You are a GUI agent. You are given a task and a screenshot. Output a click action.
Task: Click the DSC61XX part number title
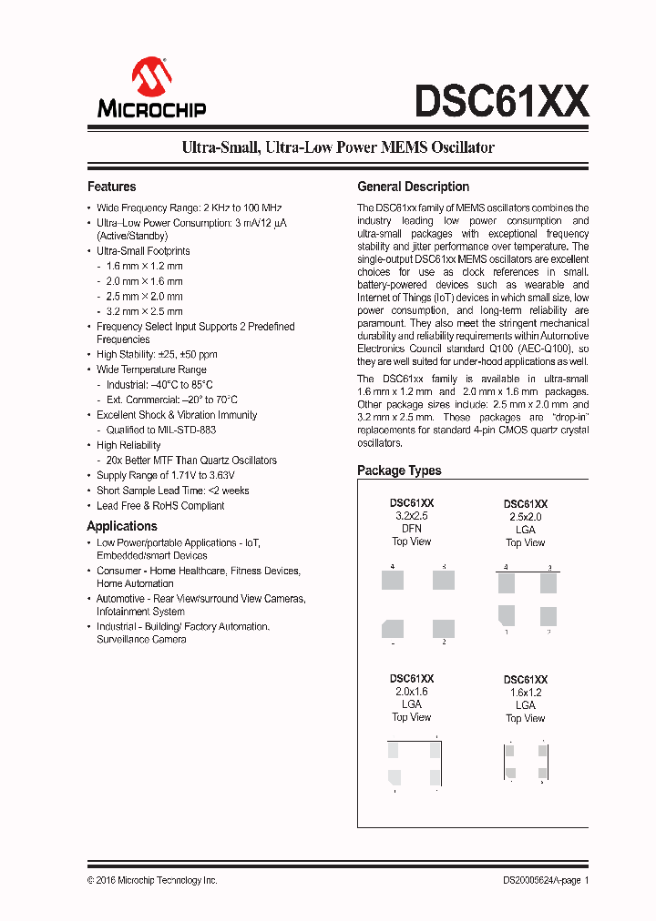pos(501,101)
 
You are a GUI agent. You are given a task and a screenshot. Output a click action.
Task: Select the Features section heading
pos(111,187)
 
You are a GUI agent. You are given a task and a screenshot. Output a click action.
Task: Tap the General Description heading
pos(413,187)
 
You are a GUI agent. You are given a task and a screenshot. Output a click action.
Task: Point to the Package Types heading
pos(399,471)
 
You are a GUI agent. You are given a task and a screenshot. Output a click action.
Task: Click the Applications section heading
pos(122,526)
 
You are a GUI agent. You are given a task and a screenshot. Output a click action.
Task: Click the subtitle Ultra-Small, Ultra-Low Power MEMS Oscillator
pos(338,147)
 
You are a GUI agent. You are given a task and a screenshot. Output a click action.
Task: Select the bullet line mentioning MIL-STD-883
pos(161,430)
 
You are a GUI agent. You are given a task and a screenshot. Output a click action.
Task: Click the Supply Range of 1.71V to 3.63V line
pos(166,475)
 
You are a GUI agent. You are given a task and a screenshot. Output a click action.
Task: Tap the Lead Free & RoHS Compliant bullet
pos(160,505)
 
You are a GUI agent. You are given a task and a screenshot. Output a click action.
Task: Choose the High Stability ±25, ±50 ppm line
pos(157,354)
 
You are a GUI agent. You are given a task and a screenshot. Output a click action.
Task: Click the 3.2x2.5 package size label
pos(412,516)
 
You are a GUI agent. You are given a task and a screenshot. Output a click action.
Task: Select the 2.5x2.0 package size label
pos(526,517)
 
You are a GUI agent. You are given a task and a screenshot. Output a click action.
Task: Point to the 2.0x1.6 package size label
pos(412,692)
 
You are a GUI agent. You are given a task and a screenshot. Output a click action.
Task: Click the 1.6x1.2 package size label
pos(526,693)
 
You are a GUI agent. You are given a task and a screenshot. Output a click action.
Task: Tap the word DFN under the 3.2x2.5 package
pos(412,529)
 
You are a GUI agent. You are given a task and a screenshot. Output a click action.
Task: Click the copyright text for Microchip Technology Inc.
pos(152,880)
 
